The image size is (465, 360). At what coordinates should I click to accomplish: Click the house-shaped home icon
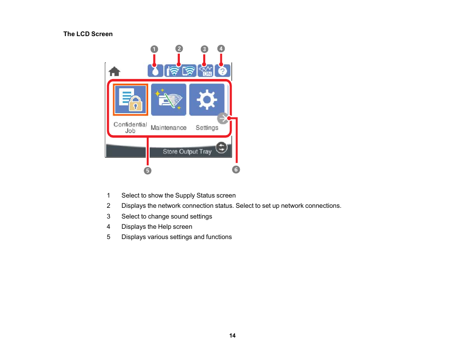click(115, 72)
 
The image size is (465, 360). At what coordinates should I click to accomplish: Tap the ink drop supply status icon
click(155, 71)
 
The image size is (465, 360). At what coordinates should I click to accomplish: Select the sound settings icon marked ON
click(206, 71)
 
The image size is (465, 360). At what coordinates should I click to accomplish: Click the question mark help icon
click(222, 71)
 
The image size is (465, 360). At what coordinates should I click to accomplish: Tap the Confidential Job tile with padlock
click(131, 100)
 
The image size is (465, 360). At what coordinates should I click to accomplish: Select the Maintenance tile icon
click(169, 100)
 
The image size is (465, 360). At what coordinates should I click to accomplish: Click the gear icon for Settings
click(207, 100)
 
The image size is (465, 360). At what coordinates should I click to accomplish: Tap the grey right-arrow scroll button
click(223, 119)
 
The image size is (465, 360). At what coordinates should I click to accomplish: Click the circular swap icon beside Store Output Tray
click(221, 147)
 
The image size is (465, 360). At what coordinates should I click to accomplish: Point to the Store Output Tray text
click(187, 152)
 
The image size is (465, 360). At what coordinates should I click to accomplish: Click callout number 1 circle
click(154, 49)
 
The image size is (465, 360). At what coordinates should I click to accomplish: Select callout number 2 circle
click(179, 48)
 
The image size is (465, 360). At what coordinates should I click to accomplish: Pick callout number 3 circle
click(204, 49)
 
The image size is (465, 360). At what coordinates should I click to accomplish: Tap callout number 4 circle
click(221, 48)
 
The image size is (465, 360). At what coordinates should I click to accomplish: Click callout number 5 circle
click(147, 171)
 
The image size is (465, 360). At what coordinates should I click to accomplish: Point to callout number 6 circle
click(236, 169)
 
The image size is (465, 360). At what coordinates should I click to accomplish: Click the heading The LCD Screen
click(88, 34)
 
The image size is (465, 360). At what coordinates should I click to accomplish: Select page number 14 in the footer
click(232, 336)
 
